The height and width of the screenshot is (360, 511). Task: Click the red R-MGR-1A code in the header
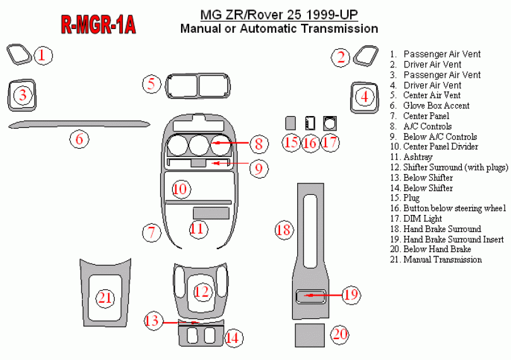(x=98, y=25)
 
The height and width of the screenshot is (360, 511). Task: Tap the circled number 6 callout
(x=79, y=139)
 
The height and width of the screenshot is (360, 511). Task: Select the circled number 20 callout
(x=340, y=334)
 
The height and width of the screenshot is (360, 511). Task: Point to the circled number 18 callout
(x=284, y=229)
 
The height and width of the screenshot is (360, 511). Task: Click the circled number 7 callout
(x=151, y=232)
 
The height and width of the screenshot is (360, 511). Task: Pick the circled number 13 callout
(x=152, y=321)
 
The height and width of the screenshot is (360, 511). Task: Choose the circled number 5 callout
(x=151, y=84)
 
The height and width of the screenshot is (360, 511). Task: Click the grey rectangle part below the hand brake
(x=310, y=335)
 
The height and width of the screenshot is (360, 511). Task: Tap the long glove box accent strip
(x=79, y=124)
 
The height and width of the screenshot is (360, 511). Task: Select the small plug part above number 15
(x=291, y=122)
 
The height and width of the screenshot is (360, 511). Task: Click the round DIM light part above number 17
(x=329, y=122)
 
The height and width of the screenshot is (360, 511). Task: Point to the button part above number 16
(x=310, y=122)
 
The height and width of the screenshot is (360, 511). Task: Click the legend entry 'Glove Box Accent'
(x=436, y=106)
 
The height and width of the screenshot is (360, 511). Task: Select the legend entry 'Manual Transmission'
(x=442, y=260)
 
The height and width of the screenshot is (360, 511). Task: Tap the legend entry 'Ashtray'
(x=418, y=157)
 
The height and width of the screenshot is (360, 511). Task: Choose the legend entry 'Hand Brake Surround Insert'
(x=453, y=240)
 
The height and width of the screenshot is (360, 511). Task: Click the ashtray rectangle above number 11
(x=211, y=212)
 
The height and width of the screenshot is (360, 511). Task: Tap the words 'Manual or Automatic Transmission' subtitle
(x=279, y=28)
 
